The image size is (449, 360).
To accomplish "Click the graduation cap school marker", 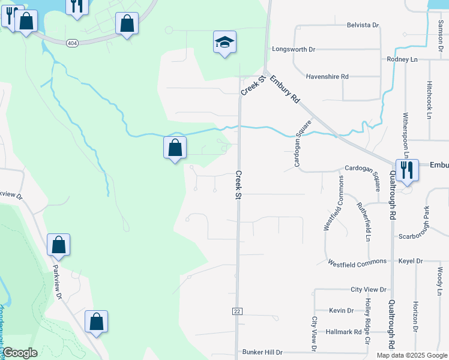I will [224, 43].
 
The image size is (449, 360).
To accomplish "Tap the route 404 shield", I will [71, 43].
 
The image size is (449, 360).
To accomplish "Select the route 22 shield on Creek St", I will [237, 311].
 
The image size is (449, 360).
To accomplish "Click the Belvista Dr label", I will [363, 25].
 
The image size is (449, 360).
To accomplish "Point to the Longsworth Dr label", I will [294, 49].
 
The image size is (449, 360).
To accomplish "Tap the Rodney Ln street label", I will [402, 59].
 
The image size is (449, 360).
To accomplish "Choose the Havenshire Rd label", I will [327, 77].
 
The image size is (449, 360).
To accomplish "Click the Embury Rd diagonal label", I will [285, 89].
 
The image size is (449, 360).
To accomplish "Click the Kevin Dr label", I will [341, 310].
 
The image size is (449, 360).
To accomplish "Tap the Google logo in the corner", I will [20, 353].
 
